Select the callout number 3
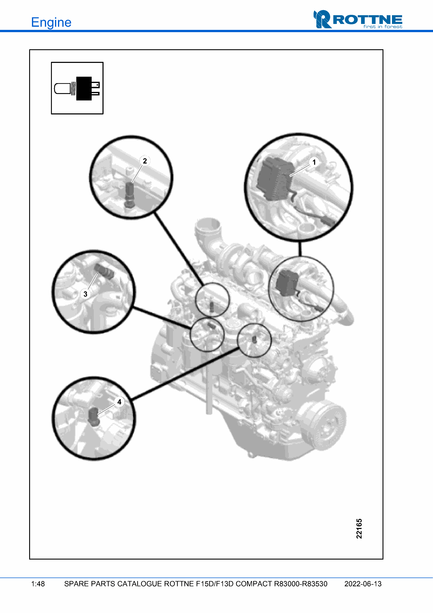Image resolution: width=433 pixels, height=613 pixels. click(85, 294)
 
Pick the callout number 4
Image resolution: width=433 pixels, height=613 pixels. click(119, 402)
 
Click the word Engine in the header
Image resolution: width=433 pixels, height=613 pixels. click(51, 22)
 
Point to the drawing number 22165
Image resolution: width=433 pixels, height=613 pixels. click(359, 528)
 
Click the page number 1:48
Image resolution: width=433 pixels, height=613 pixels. click(38, 584)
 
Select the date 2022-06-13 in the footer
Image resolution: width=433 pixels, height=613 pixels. click(363, 584)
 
